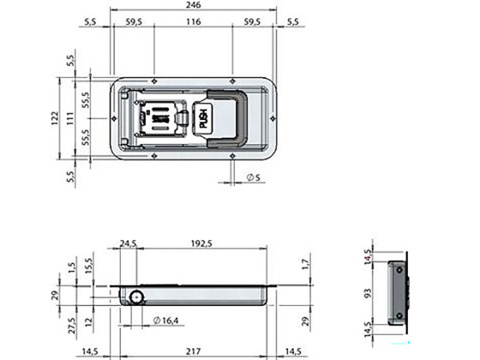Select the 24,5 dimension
pyautogui.click(x=128, y=244)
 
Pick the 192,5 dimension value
pyautogui.click(x=201, y=244)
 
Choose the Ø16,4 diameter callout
pyautogui.click(x=166, y=321)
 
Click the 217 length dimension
pyautogui.click(x=193, y=351)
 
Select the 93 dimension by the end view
pyautogui.click(x=369, y=293)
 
